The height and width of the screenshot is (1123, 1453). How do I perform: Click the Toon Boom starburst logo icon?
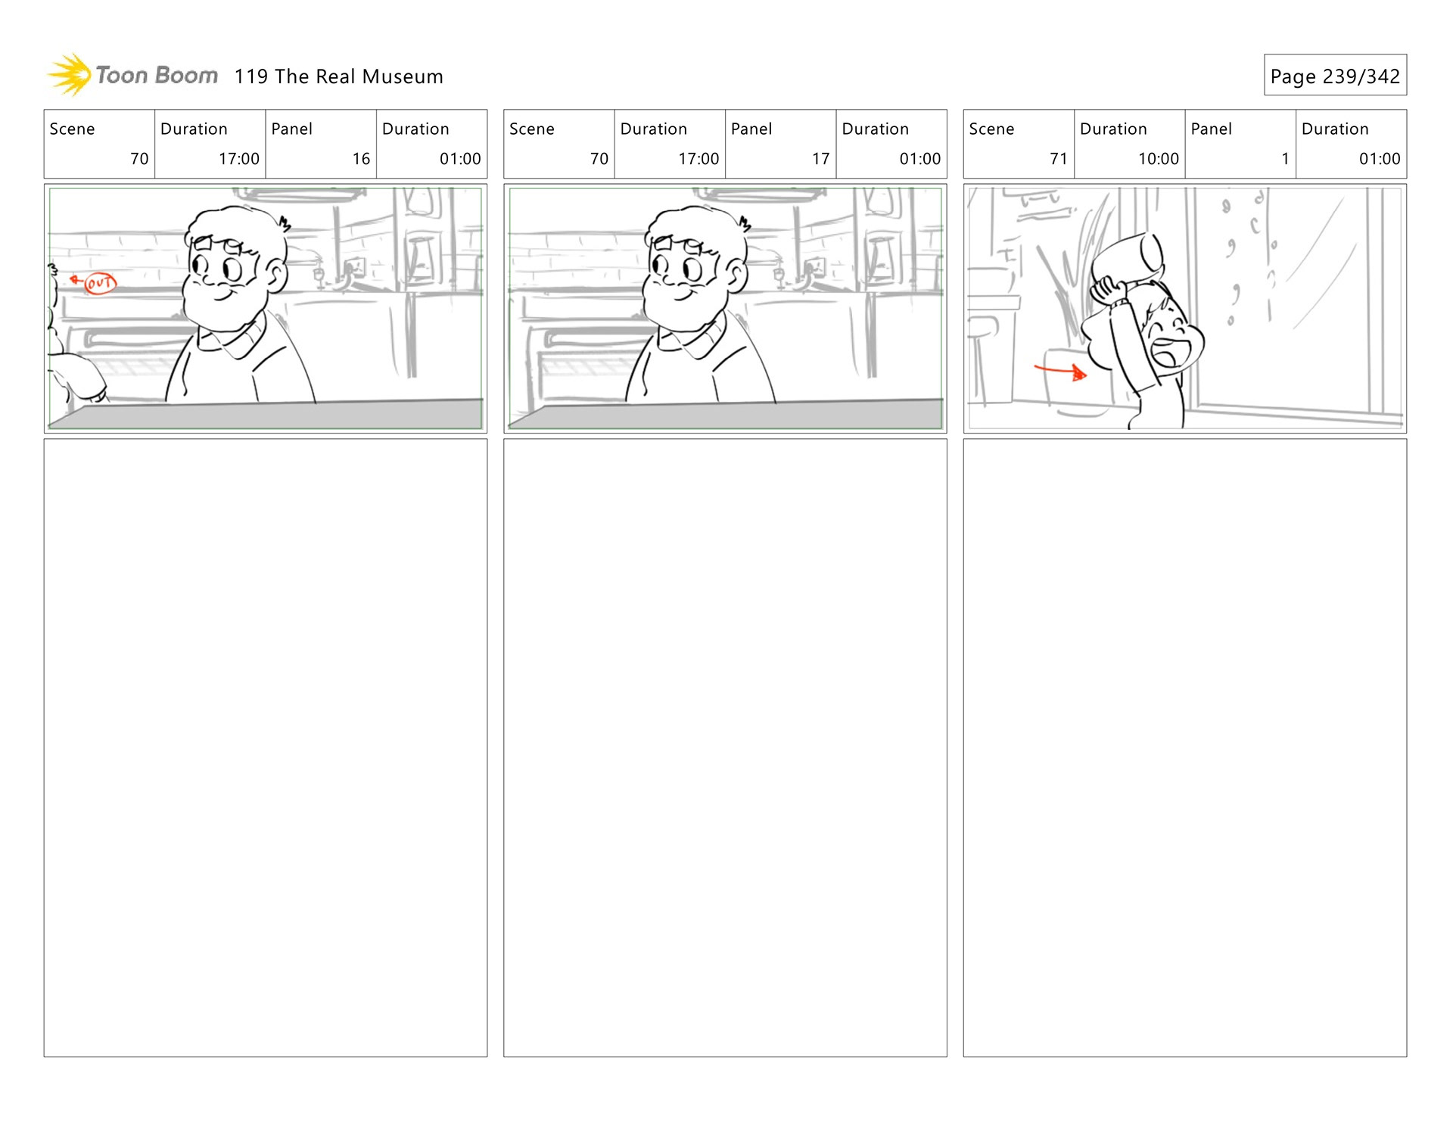[x=70, y=75]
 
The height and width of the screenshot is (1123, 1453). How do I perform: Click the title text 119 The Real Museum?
[x=338, y=76]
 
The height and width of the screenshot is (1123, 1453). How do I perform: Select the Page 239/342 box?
[x=1335, y=75]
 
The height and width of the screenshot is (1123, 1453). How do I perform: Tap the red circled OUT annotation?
[x=100, y=283]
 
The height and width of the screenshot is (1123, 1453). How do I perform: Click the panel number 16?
[x=361, y=159]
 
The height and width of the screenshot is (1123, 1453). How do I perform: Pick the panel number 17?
[x=820, y=159]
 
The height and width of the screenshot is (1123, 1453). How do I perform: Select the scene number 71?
[x=1058, y=159]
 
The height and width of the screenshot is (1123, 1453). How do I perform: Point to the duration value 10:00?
[x=1158, y=159]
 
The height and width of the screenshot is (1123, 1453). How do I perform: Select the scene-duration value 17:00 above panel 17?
[x=698, y=159]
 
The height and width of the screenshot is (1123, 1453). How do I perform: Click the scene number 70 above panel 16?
[x=139, y=159]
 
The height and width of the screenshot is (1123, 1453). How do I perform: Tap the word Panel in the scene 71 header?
[x=1211, y=129]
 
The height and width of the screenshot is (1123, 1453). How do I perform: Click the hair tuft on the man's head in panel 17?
[x=745, y=223]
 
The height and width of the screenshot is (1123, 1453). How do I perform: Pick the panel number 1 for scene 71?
[x=1285, y=159]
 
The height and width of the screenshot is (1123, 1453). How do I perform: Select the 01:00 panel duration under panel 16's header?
[x=460, y=159]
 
